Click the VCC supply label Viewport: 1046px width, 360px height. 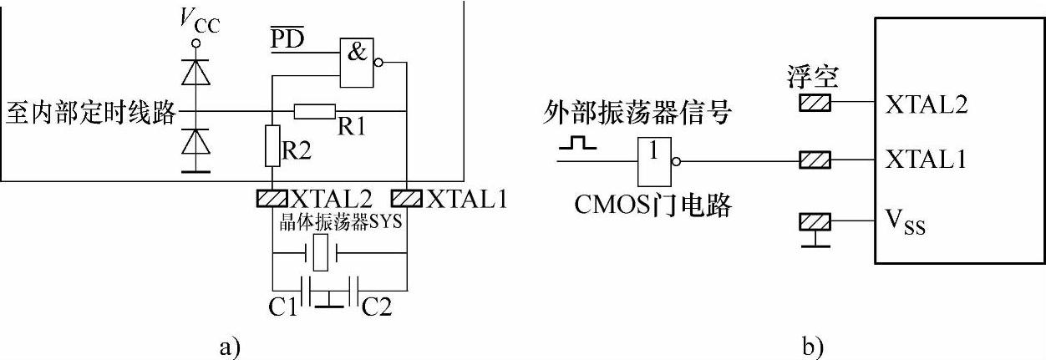[x=198, y=20]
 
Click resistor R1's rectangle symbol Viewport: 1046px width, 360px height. [x=315, y=110]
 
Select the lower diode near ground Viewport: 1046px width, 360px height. [x=197, y=143]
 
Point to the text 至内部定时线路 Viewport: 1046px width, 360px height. [x=91, y=111]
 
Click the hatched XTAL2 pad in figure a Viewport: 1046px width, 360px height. [x=272, y=198]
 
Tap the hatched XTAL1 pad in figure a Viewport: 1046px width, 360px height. [x=406, y=198]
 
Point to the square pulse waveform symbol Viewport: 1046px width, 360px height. [x=578, y=144]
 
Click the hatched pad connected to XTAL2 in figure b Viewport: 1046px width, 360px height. [x=815, y=103]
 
